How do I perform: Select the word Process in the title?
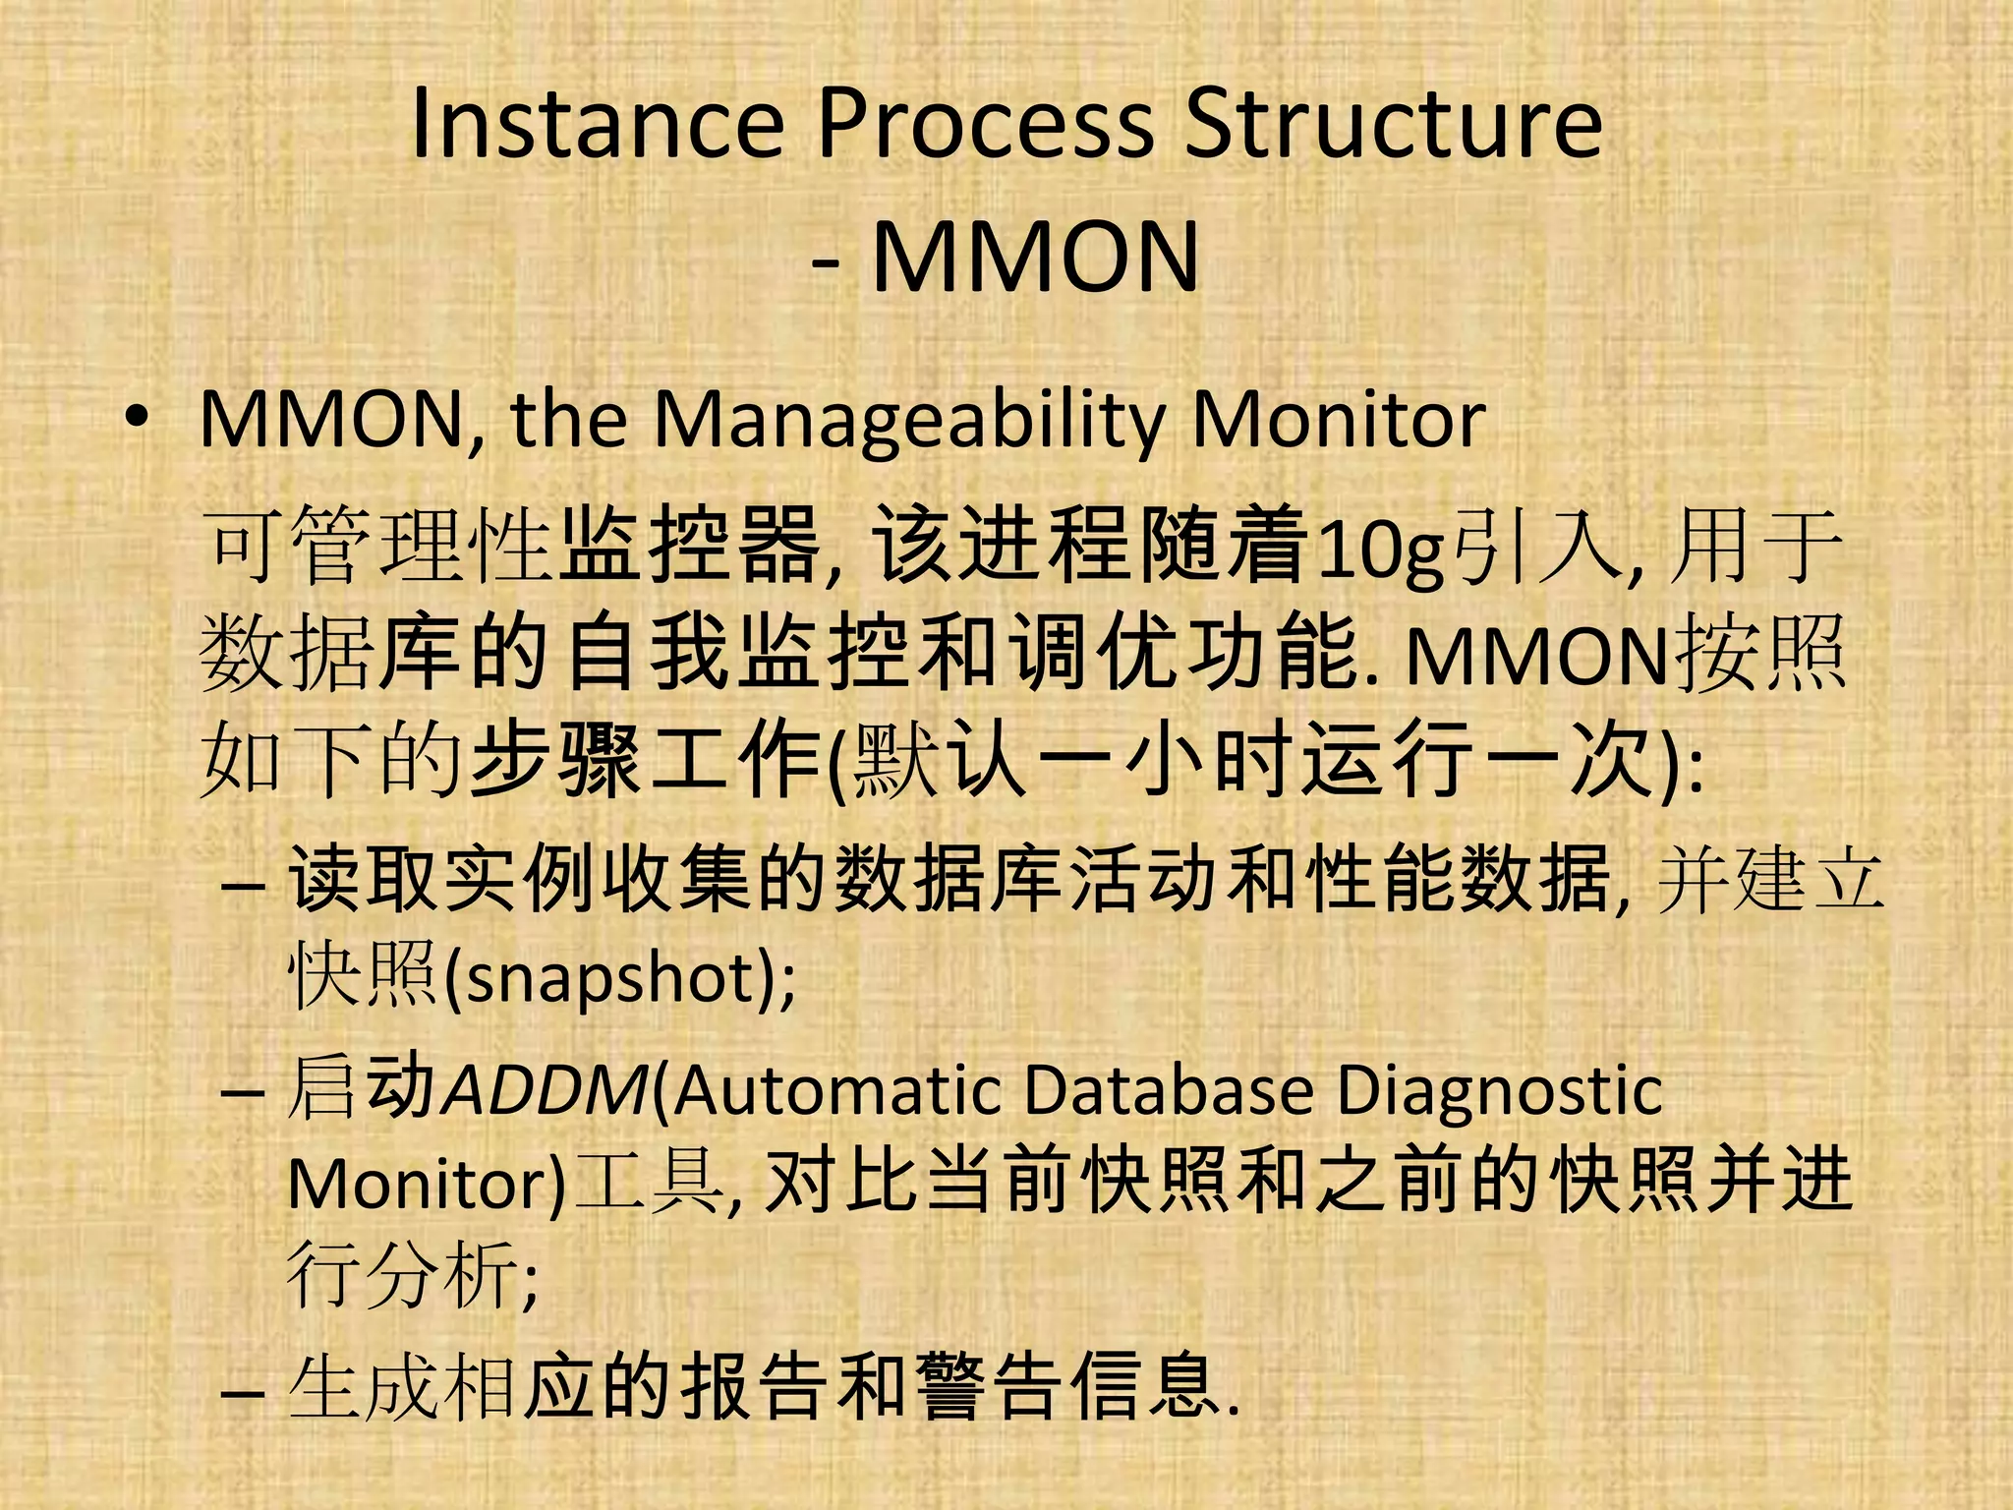(985, 125)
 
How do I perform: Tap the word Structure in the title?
(1393, 125)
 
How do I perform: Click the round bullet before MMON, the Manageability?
(137, 417)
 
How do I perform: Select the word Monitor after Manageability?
(1338, 421)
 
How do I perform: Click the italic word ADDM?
(546, 1090)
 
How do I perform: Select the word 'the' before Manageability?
(569, 420)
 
